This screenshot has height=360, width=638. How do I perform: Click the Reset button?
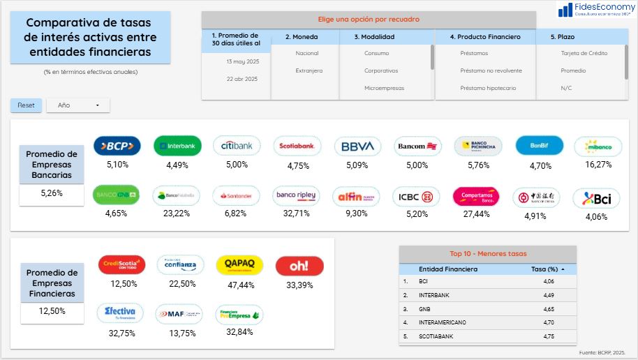26,105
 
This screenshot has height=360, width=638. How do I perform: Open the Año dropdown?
77,105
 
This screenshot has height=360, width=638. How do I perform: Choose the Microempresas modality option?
384,88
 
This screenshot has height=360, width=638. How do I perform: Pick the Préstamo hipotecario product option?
488,88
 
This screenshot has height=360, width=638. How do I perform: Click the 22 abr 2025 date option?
242,79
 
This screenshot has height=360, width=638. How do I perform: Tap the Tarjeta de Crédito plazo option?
584,53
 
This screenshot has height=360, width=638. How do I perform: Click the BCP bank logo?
117,146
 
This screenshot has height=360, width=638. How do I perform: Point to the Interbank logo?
177,146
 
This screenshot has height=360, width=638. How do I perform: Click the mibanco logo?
598,147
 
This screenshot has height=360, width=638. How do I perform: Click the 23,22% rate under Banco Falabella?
177,213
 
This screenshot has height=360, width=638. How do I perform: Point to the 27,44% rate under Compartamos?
476,214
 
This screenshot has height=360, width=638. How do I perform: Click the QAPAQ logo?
239,265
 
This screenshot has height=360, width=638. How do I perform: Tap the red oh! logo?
299,266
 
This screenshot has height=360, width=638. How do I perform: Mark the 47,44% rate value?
240,285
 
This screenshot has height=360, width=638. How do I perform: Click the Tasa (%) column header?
545,269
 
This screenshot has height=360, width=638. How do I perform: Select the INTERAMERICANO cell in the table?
443,322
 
